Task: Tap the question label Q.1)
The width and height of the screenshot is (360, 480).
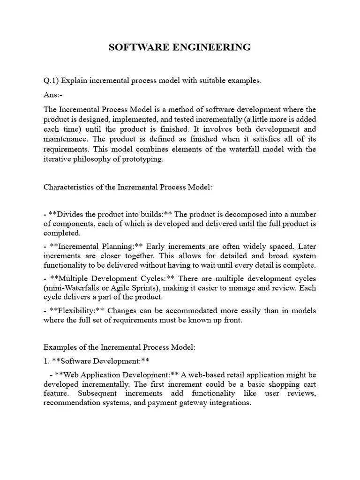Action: [51, 81]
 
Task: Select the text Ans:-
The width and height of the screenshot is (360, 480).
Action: [52, 95]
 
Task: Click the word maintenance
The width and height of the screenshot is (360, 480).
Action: [66, 139]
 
